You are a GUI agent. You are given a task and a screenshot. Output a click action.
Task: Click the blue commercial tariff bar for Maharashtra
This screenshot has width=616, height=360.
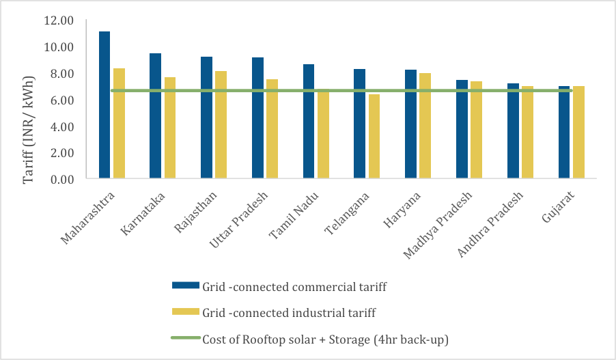point(104,105)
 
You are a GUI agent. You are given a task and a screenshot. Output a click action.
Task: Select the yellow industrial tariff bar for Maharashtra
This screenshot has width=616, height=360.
point(119,124)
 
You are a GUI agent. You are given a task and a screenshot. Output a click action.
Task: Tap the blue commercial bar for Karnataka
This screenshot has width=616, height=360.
point(155,116)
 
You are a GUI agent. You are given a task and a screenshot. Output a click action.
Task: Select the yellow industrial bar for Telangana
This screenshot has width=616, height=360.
point(374,137)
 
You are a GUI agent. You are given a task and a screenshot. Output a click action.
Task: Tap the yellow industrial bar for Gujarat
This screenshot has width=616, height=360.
point(578,133)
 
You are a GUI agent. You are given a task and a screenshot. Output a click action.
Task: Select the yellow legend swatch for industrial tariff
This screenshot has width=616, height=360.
point(185,313)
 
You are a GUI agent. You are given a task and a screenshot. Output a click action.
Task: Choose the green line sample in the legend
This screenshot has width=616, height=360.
point(185,339)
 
